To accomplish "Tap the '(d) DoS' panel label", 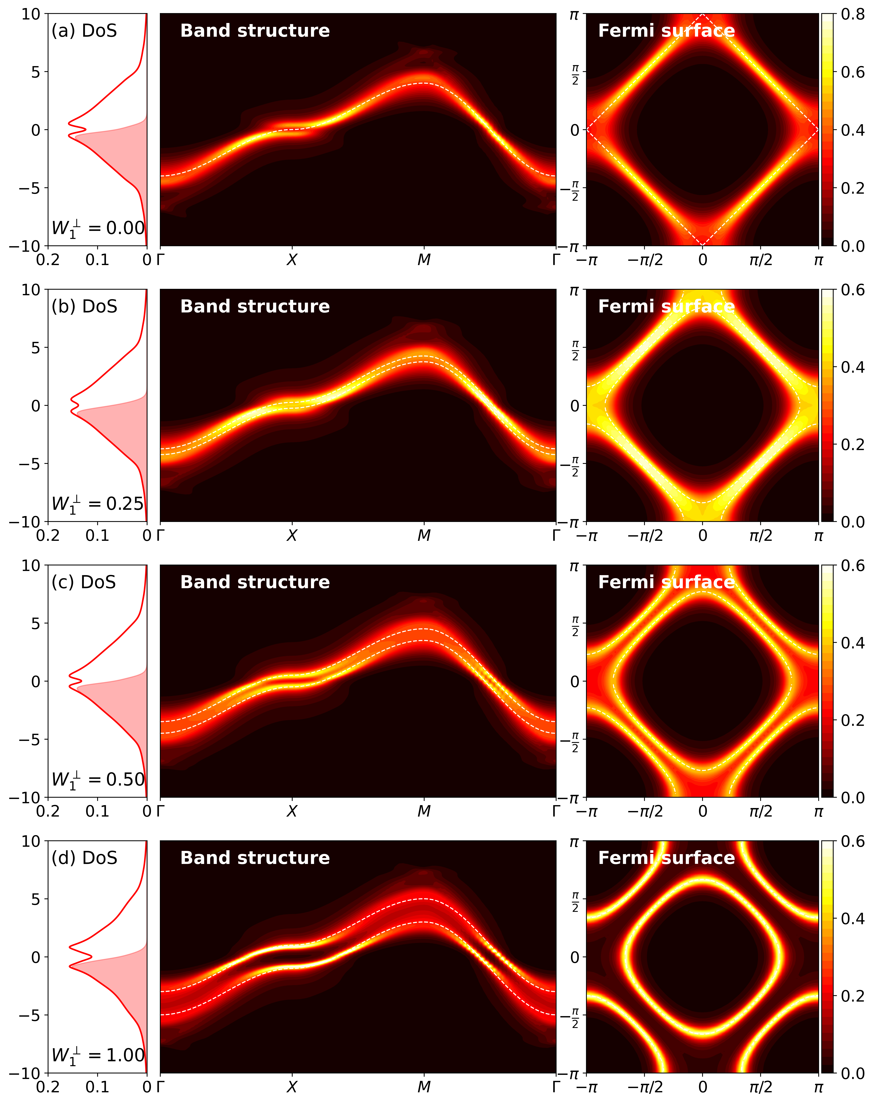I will [84, 858].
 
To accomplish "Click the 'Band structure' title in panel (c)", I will [255, 582].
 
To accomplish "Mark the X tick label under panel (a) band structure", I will [292, 260].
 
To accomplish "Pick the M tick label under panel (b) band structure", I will [424, 536].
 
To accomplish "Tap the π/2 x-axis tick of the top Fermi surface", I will [761, 260].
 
